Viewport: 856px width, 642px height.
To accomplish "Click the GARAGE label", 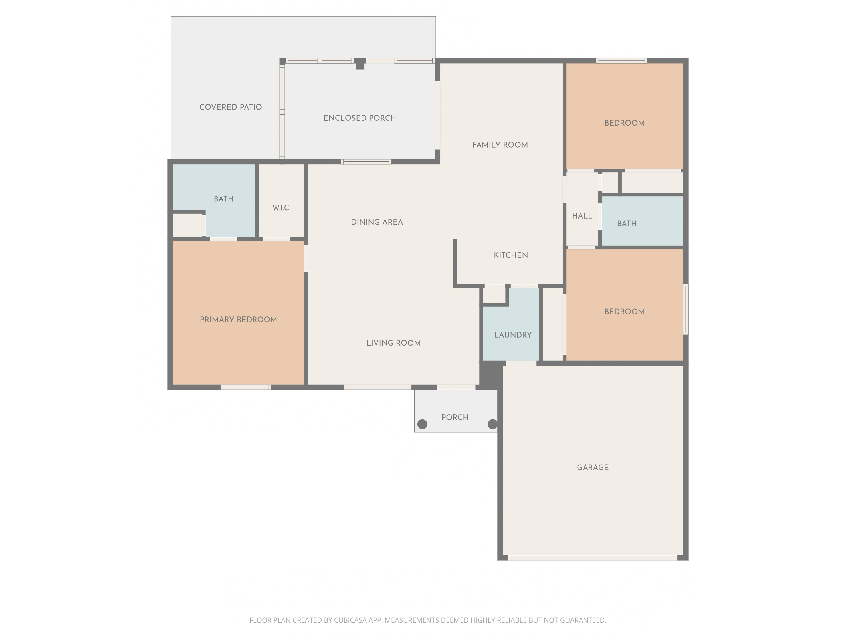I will point(592,467).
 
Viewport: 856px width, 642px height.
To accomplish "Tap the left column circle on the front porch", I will point(422,424).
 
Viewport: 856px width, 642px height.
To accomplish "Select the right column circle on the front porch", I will point(492,424).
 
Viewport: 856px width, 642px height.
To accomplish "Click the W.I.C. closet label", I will point(281,208).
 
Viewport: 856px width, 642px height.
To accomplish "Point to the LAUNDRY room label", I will point(513,335).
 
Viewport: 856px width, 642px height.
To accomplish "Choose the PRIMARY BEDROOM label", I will point(238,320).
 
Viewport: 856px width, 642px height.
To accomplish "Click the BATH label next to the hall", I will point(627,224).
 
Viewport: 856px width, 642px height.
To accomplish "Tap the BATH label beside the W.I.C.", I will point(224,199).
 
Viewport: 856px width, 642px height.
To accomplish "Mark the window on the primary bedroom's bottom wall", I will point(246,387).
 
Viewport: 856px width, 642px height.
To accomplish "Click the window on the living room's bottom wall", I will point(377,387).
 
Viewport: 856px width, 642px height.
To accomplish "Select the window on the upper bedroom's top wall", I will point(621,61).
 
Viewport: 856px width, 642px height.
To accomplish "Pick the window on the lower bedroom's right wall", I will point(685,309).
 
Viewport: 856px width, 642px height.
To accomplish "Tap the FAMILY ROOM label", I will point(500,145).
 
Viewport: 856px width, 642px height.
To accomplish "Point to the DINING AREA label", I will point(377,222).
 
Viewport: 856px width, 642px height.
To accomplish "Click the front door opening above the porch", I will point(456,387).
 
